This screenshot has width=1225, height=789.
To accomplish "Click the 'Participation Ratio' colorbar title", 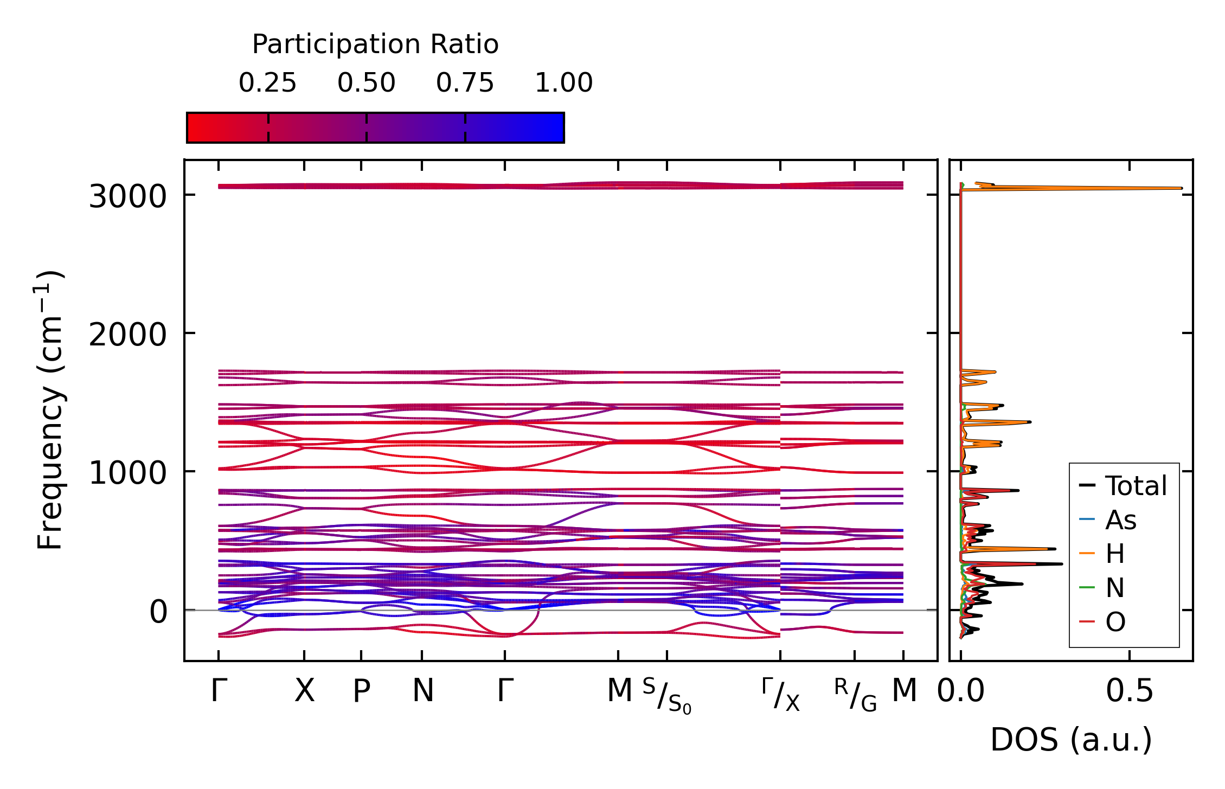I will (375, 44).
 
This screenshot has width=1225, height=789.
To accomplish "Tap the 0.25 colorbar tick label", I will (267, 83).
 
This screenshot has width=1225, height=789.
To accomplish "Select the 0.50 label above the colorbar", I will (366, 83).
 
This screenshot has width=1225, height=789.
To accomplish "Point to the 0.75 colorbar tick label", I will (465, 83).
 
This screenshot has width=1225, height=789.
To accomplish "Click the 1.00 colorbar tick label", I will (563, 83).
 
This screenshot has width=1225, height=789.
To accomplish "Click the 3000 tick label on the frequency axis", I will (127, 196).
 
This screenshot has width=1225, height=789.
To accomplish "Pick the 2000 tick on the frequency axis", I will (127, 335).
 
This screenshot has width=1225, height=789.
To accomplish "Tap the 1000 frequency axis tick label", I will (127, 473).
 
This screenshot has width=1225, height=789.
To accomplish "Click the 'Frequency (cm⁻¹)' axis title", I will (50, 410).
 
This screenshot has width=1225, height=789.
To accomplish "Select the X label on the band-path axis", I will (304, 691).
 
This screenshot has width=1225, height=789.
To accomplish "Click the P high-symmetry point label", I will (361, 691).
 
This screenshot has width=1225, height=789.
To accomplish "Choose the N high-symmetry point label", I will (422, 691).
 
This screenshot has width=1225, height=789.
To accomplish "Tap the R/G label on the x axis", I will (855, 695).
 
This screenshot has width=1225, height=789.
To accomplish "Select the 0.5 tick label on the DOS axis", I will (1130, 691).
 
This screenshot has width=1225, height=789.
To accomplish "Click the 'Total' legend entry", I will (1136, 486).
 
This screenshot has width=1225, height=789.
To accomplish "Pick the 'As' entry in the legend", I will (1120, 521).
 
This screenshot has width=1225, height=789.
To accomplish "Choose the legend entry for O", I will (1115, 622).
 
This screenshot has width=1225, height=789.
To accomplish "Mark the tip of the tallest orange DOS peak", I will (1181, 188).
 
